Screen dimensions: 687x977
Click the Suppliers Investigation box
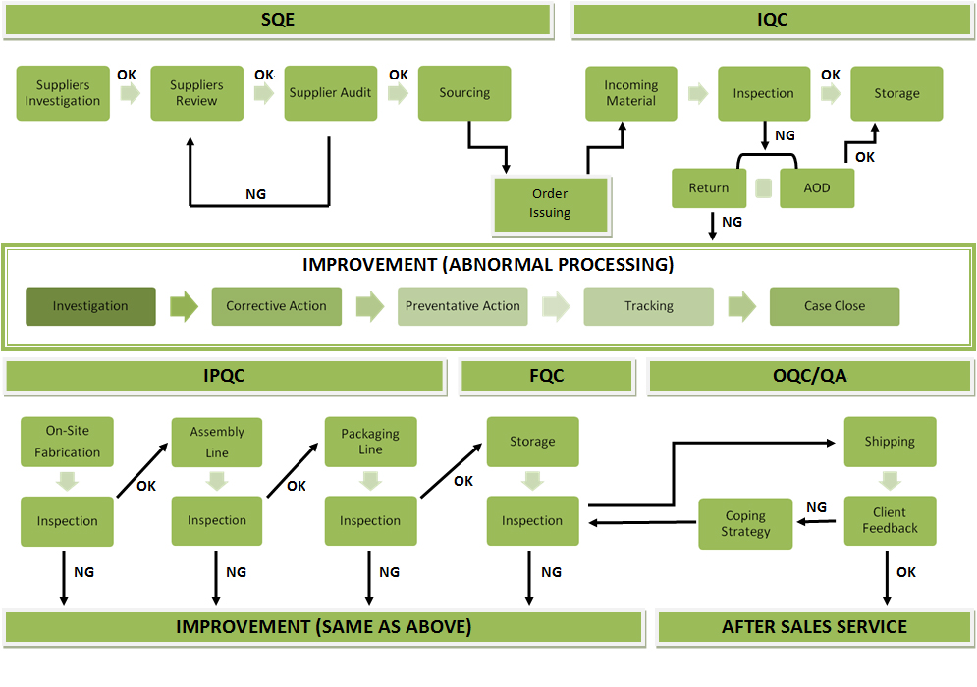pyautogui.click(x=63, y=93)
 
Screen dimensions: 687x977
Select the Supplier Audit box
pyautogui.click(x=330, y=93)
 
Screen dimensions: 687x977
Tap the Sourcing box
pyautogui.click(x=464, y=93)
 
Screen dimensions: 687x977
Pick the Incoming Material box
pyautogui.click(x=630, y=93)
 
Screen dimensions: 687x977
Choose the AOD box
pyautogui.click(x=816, y=187)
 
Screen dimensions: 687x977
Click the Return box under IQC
pyautogui.click(x=708, y=187)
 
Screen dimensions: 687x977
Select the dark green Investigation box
pyautogui.click(x=90, y=306)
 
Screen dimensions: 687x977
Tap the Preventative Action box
pyautogui.click(x=462, y=306)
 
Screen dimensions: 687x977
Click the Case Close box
pyautogui.click(x=834, y=306)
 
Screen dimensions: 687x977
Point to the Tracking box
pyautogui.click(x=648, y=306)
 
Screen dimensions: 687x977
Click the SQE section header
pyautogui.click(x=277, y=20)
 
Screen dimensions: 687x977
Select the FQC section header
pyautogui.click(x=545, y=377)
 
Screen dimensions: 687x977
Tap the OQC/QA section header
pyautogui.click(x=809, y=377)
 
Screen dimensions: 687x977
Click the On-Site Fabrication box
pyautogui.click(x=68, y=442)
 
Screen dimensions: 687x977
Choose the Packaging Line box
pyautogui.click(x=370, y=442)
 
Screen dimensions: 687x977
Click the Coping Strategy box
pyautogui.click(x=744, y=523)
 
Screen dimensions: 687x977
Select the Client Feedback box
pyautogui.click(x=890, y=520)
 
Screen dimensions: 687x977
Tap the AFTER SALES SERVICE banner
pyautogui.click(x=814, y=627)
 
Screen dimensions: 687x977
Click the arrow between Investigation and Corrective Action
pyautogui.click(x=184, y=306)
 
